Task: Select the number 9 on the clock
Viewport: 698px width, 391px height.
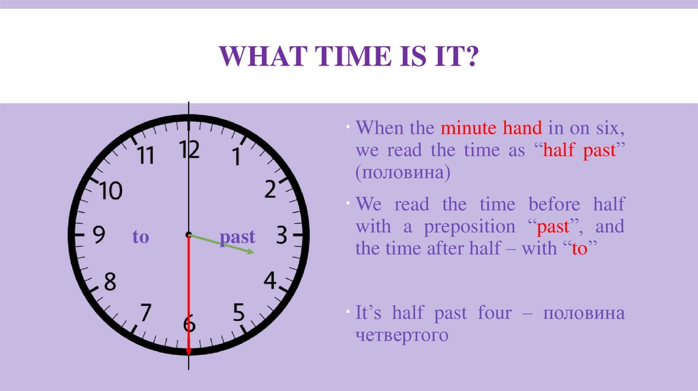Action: click(98, 236)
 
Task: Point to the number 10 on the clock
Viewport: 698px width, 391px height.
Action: click(110, 191)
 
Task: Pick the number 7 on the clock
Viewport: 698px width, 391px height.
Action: click(145, 313)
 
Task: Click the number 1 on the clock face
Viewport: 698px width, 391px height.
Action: click(237, 157)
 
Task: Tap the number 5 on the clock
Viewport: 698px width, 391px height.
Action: click(239, 313)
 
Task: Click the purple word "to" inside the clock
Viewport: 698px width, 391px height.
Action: click(140, 237)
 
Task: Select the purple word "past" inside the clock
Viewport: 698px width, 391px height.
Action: click(237, 237)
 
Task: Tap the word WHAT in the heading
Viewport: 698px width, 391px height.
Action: click(258, 57)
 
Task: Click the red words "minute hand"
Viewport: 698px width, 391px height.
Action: click(491, 127)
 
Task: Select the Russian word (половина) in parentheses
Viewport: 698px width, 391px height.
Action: click(402, 173)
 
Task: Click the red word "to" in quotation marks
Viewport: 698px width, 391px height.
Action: click(579, 249)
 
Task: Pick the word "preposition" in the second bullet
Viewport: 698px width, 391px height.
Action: click(470, 226)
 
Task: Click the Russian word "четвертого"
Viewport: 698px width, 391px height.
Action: click(401, 335)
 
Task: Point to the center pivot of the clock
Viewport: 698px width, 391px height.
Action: click(189, 235)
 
